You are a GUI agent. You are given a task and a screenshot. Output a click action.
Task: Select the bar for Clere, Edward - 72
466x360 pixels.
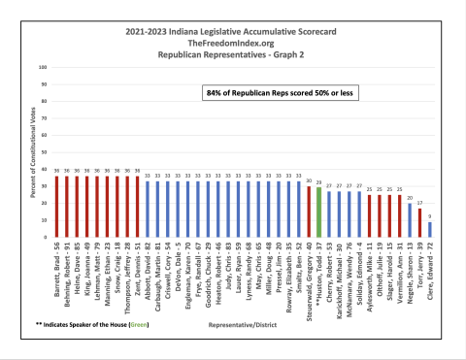tap(430, 229)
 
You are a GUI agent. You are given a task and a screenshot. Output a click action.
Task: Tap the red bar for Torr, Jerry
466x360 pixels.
tap(419, 222)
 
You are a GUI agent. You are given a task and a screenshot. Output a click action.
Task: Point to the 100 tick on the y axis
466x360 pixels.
tap(41, 67)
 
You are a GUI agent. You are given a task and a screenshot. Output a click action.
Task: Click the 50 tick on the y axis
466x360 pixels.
tap(42, 152)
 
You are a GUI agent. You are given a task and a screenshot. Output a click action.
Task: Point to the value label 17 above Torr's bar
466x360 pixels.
tap(419, 204)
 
